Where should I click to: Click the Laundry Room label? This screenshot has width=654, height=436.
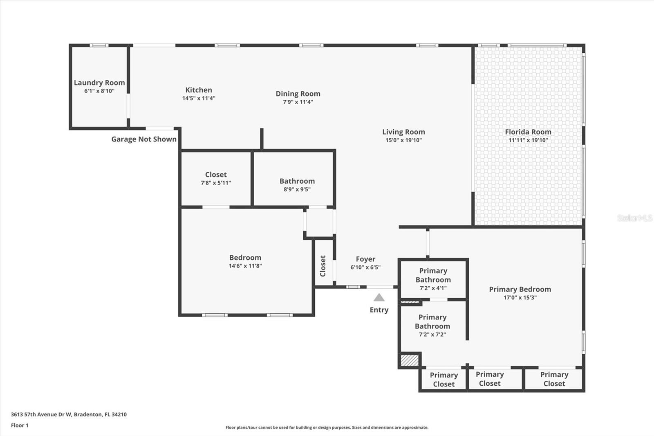click(99, 83)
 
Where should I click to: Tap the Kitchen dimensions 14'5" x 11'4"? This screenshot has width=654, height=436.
click(199, 98)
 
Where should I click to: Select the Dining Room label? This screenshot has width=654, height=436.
click(298, 94)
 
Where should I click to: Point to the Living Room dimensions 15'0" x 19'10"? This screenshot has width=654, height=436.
click(403, 140)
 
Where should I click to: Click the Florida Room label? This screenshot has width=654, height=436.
click(528, 132)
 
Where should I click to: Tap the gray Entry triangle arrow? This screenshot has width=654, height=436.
click(379, 297)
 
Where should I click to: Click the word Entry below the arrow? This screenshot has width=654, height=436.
click(379, 310)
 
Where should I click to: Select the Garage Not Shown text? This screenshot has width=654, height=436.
click(144, 139)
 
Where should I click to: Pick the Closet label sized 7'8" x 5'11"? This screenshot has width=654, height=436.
click(216, 175)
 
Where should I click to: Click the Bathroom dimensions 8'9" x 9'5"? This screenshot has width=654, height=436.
click(297, 189)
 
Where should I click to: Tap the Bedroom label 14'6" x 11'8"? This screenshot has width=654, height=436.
click(245, 258)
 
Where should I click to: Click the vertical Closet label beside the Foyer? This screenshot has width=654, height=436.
click(323, 266)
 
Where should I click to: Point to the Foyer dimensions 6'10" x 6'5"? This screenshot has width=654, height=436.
click(365, 267)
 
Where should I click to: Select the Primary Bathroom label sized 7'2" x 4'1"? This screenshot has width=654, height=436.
click(433, 275)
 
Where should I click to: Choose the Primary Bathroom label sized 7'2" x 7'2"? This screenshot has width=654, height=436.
click(432, 321)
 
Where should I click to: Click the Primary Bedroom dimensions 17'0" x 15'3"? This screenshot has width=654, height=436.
click(520, 298)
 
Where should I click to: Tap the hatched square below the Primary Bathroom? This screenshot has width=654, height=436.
click(409, 360)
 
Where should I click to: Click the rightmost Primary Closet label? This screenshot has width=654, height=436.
click(554, 379)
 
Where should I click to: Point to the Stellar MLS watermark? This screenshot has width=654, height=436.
click(634, 218)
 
